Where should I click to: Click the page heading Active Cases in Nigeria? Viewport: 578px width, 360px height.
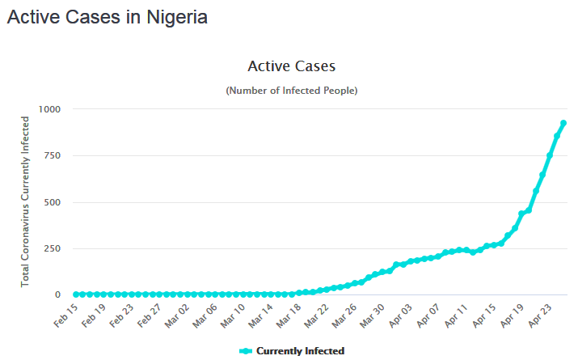107,17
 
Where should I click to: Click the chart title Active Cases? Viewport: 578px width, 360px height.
291,66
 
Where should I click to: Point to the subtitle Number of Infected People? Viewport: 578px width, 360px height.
291,91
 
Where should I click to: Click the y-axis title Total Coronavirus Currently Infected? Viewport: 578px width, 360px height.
26,201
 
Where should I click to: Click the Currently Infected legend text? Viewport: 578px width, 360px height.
300,351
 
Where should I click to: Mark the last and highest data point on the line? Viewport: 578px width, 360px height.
563,123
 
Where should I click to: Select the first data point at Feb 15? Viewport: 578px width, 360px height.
76,294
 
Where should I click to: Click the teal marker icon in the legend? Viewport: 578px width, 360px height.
246,351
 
